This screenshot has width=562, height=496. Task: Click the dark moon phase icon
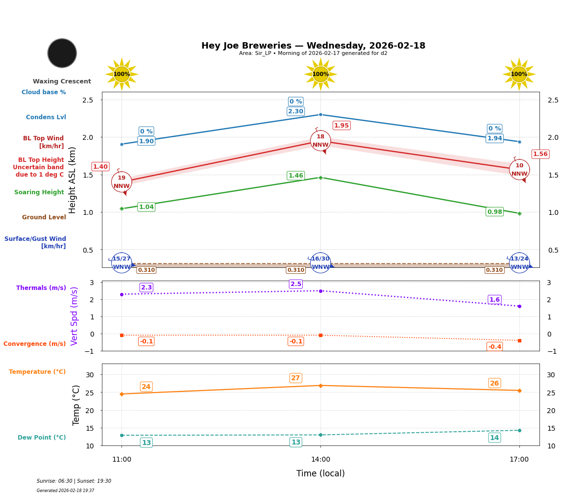62,53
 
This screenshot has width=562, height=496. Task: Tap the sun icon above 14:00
320,74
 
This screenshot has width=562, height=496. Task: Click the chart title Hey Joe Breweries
313,46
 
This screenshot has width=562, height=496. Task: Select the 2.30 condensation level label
295,111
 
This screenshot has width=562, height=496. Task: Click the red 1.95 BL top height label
342,126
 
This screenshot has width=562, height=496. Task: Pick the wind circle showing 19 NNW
122,182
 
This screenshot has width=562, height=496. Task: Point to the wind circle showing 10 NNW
519,170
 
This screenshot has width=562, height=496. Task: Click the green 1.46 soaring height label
295,176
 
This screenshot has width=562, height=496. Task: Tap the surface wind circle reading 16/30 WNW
320,263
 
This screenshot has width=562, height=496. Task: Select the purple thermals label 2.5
296,284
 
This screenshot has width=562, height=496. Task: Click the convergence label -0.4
494,347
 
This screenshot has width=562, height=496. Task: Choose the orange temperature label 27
295,378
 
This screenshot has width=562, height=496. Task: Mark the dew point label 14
494,438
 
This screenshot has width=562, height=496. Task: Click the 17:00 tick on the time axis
519,460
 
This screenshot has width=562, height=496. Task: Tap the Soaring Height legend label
39,192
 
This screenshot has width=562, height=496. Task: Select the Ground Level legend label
44,217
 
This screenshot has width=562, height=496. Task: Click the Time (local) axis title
320,473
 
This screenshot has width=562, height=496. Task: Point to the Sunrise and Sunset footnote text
74,481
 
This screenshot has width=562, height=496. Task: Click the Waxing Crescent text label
62,81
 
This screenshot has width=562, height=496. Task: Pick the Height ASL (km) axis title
73,180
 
